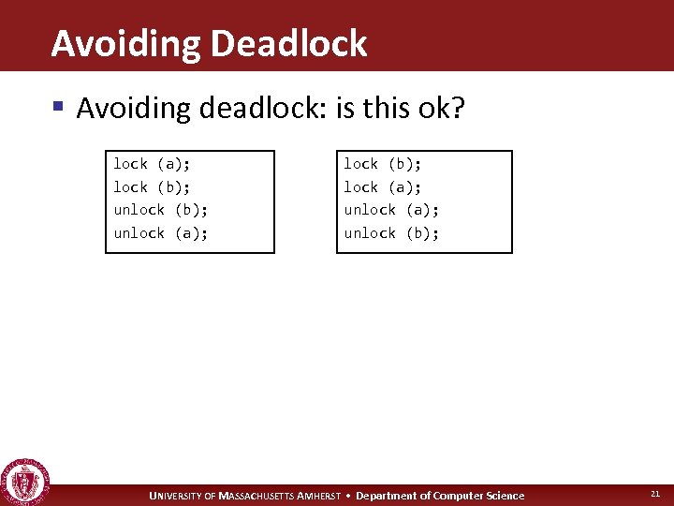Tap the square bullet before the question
(58, 107)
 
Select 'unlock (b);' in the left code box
(161, 210)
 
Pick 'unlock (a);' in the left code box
(161, 233)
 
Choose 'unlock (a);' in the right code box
(391, 210)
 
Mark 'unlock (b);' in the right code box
(391, 233)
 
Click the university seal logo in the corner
(24, 482)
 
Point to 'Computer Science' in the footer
(480, 496)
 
